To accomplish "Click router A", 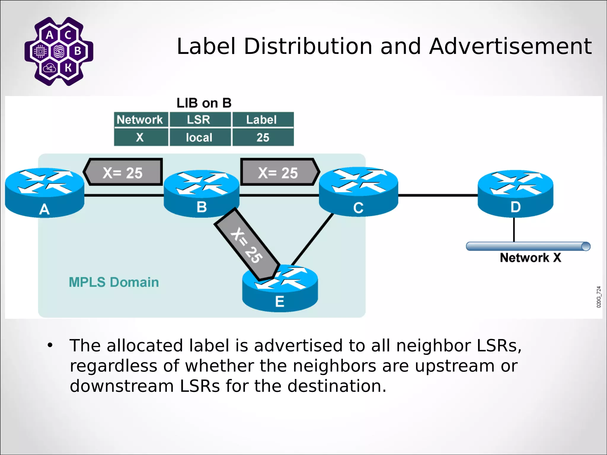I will click(x=44, y=193).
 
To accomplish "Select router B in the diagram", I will click(x=202, y=193).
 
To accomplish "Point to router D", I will click(x=515, y=193).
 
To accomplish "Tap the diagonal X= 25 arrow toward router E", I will click(x=247, y=245).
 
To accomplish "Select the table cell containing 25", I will click(x=263, y=137).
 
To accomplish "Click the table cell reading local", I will click(x=199, y=137).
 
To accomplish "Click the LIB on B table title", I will click(x=204, y=103).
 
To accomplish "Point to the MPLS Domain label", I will click(x=114, y=282).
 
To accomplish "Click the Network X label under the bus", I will click(x=530, y=258).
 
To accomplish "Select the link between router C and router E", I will click(x=313, y=239).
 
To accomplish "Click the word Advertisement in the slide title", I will click(x=510, y=47).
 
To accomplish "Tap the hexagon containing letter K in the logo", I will click(x=68, y=68).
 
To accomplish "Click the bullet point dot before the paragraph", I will click(x=50, y=345).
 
